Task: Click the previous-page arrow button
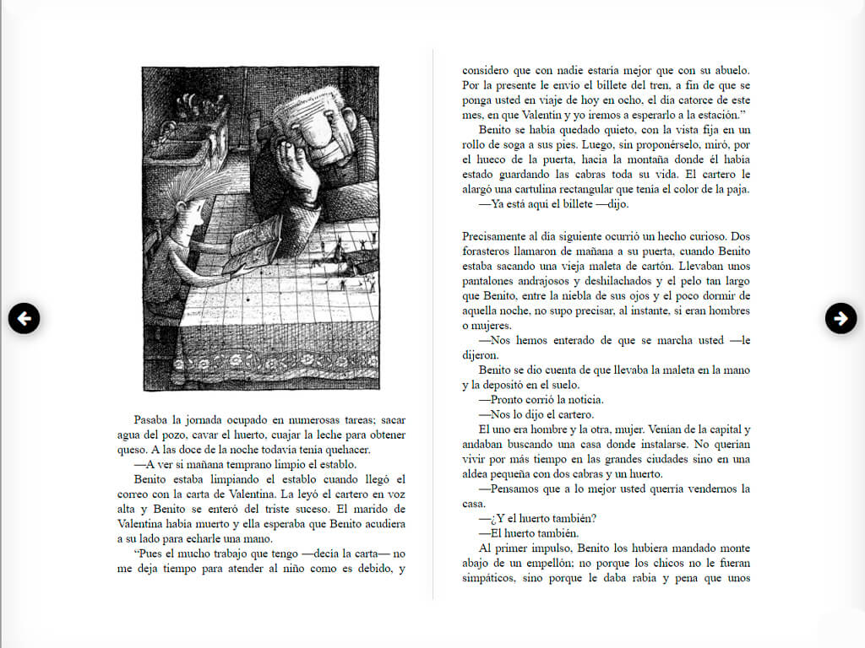click(x=24, y=318)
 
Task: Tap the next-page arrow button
click(x=841, y=318)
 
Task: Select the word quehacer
click(x=346, y=449)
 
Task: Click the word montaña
click(x=623, y=159)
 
